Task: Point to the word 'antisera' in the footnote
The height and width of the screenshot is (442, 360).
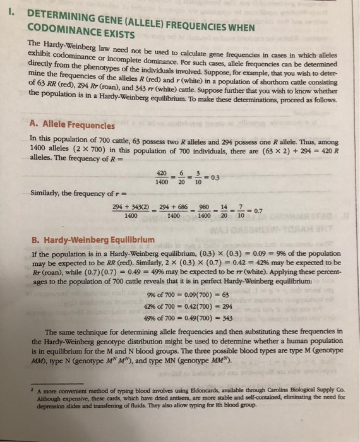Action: pyautogui.click(x=186, y=398)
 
